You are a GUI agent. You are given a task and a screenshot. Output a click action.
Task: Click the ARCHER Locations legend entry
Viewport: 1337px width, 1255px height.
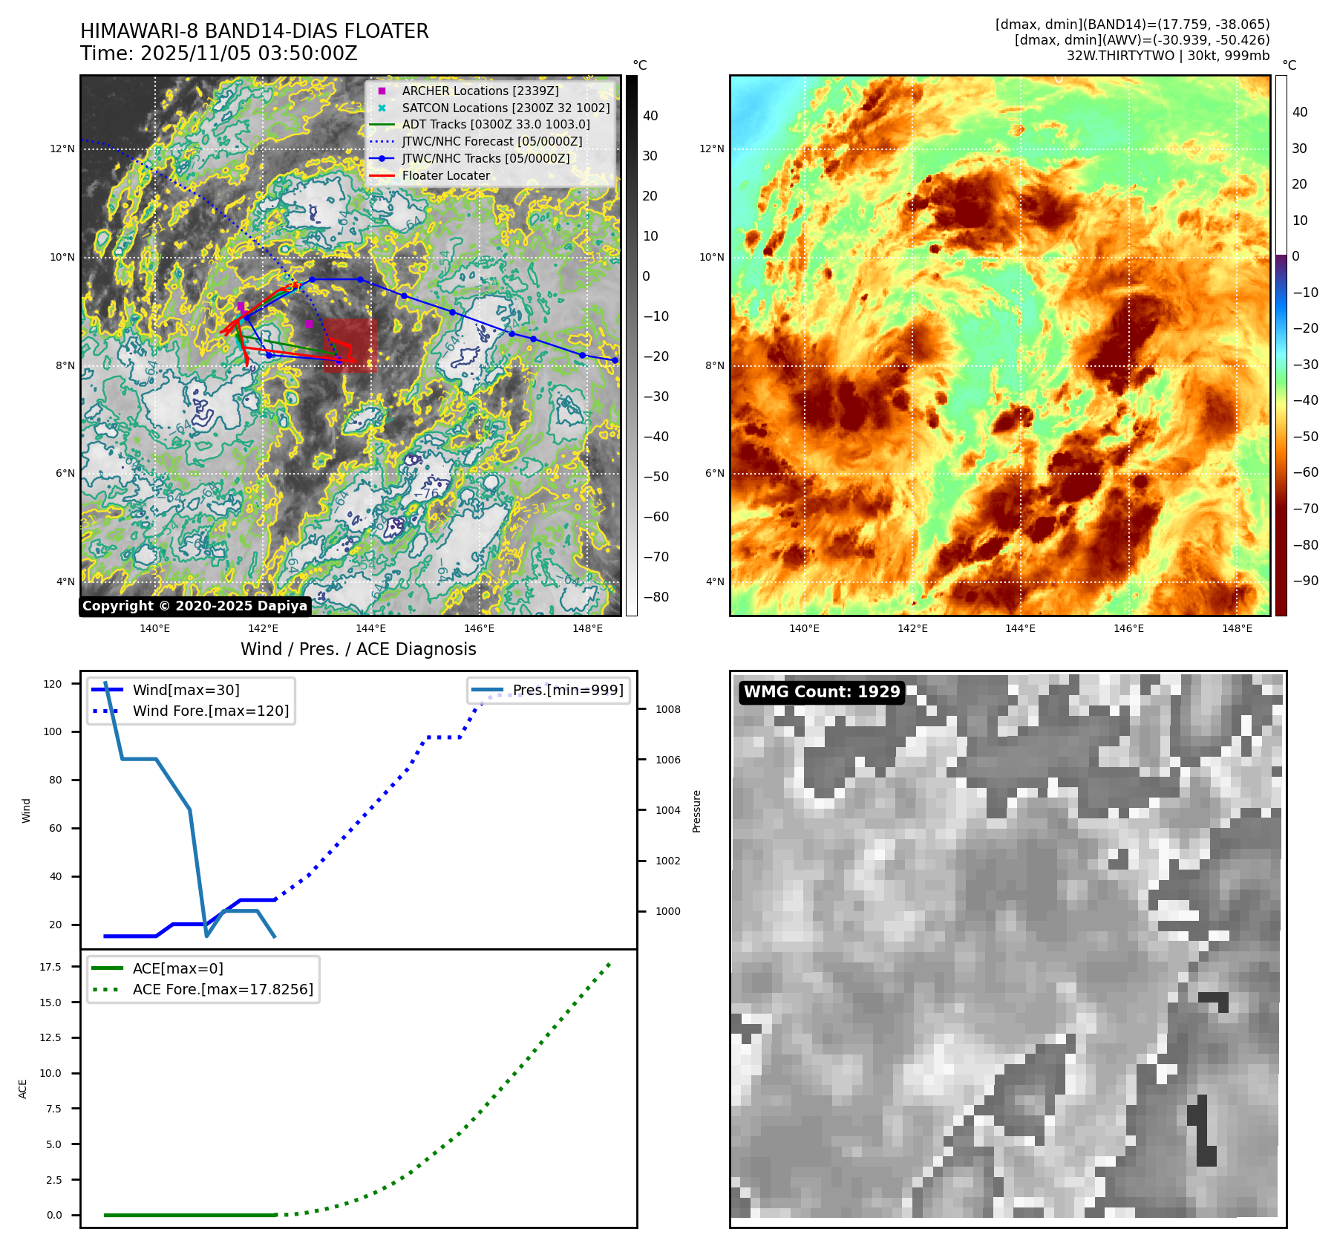480,91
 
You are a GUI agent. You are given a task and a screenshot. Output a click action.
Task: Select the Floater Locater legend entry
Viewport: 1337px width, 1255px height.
445,176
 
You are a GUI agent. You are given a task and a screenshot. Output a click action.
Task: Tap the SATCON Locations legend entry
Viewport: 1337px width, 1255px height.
505,108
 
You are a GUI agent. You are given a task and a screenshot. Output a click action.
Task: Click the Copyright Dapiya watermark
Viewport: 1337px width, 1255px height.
194,606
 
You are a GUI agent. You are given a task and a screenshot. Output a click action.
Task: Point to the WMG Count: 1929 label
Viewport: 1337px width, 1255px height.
822,692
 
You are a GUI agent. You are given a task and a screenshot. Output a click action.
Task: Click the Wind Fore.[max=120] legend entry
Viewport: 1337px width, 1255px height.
210,711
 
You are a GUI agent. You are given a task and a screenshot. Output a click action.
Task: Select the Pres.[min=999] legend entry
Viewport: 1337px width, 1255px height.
567,690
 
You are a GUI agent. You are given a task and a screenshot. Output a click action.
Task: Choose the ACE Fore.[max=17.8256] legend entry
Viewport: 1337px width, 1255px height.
223,989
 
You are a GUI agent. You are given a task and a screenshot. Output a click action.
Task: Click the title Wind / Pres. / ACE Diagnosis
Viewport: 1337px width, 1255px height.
358,649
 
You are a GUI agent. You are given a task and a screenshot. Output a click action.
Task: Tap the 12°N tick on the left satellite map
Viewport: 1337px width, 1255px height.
62,149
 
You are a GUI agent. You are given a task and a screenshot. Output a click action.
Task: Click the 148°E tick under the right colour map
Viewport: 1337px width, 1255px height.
1237,629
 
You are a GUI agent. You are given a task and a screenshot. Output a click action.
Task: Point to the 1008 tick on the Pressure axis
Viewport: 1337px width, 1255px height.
667,709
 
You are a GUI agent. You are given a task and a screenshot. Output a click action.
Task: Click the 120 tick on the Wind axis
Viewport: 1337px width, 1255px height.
53,684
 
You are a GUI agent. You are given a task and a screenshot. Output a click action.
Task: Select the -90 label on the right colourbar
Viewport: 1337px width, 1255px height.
1305,581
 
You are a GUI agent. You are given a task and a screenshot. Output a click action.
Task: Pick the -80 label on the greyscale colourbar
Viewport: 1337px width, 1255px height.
656,597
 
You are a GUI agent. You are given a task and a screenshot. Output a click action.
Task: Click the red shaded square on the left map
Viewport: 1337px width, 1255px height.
350,345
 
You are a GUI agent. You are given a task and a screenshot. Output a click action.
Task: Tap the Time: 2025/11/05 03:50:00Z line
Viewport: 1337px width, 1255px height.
219,54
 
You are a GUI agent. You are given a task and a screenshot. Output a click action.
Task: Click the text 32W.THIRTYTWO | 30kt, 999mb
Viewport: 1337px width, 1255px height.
1168,56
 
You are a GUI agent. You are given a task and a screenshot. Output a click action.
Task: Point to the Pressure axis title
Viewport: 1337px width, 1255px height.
697,811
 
